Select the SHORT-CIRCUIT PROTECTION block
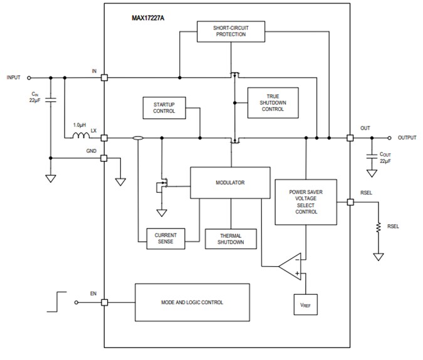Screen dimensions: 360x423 231,31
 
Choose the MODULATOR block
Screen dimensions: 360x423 230,183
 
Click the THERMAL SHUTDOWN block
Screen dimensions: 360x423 231,238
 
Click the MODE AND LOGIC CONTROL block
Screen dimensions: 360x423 192,302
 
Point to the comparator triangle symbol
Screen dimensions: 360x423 291,265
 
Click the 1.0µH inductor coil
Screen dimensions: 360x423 80,136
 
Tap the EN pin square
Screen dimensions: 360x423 104,302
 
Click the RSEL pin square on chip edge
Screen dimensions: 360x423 350,202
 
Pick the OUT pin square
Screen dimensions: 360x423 350,138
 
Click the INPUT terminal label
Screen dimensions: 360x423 13,78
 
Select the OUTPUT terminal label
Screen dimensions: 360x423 407,138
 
